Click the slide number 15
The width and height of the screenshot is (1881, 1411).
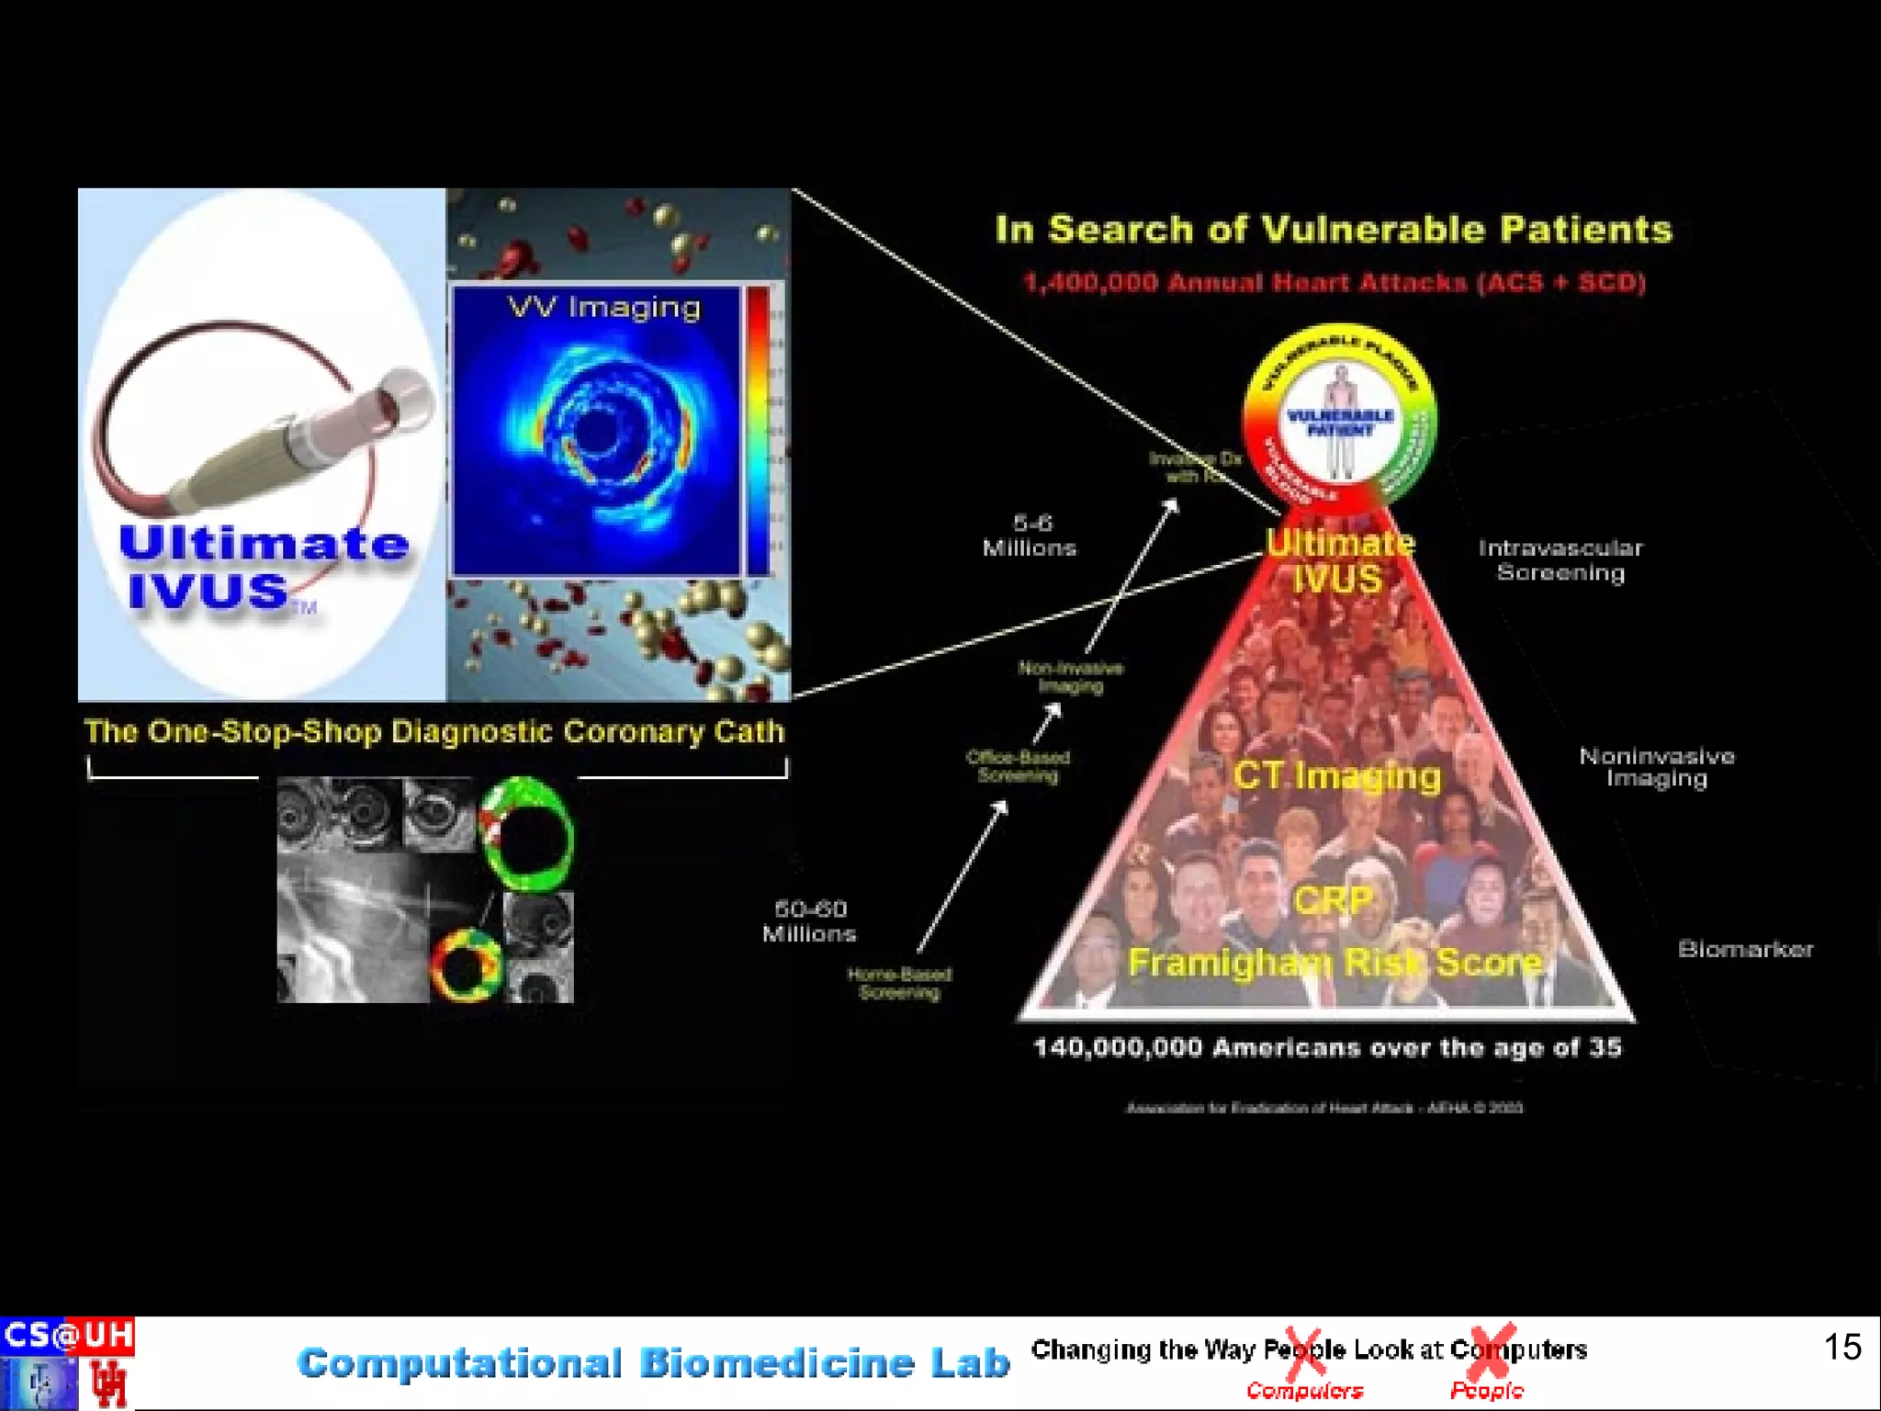pyautogui.click(x=1842, y=1347)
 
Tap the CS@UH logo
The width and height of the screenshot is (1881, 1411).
pyautogui.click(x=67, y=1335)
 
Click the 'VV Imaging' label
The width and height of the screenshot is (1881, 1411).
pyautogui.click(x=604, y=307)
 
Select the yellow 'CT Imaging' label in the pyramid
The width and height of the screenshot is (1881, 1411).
pyautogui.click(x=1336, y=775)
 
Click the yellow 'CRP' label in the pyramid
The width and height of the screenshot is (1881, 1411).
pyautogui.click(x=1333, y=900)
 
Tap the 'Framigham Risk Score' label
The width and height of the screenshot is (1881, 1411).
pyautogui.click(x=1335, y=962)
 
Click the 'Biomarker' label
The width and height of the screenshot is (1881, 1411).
pyautogui.click(x=1745, y=949)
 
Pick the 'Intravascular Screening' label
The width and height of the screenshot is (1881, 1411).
pyautogui.click(x=1560, y=560)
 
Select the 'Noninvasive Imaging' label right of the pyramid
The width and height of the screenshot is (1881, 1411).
pyautogui.click(x=1656, y=767)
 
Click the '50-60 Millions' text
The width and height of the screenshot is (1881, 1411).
pyautogui.click(x=809, y=921)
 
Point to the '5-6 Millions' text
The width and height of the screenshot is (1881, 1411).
pyautogui.click(x=1030, y=536)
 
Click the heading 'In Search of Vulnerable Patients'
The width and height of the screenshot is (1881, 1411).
pyautogui.click(x=1334, y=229)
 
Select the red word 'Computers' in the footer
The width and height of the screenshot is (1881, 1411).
pyautogui.click(x=1304, y=1391)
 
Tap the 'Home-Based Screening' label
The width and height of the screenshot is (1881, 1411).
pyautogui.click(x=899, y=983)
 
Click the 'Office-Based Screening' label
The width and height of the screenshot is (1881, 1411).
pyautogui.click(x=1018, y=766)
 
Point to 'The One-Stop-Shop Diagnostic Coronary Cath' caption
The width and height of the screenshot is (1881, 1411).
pyautogui.click(x=434, y=731)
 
